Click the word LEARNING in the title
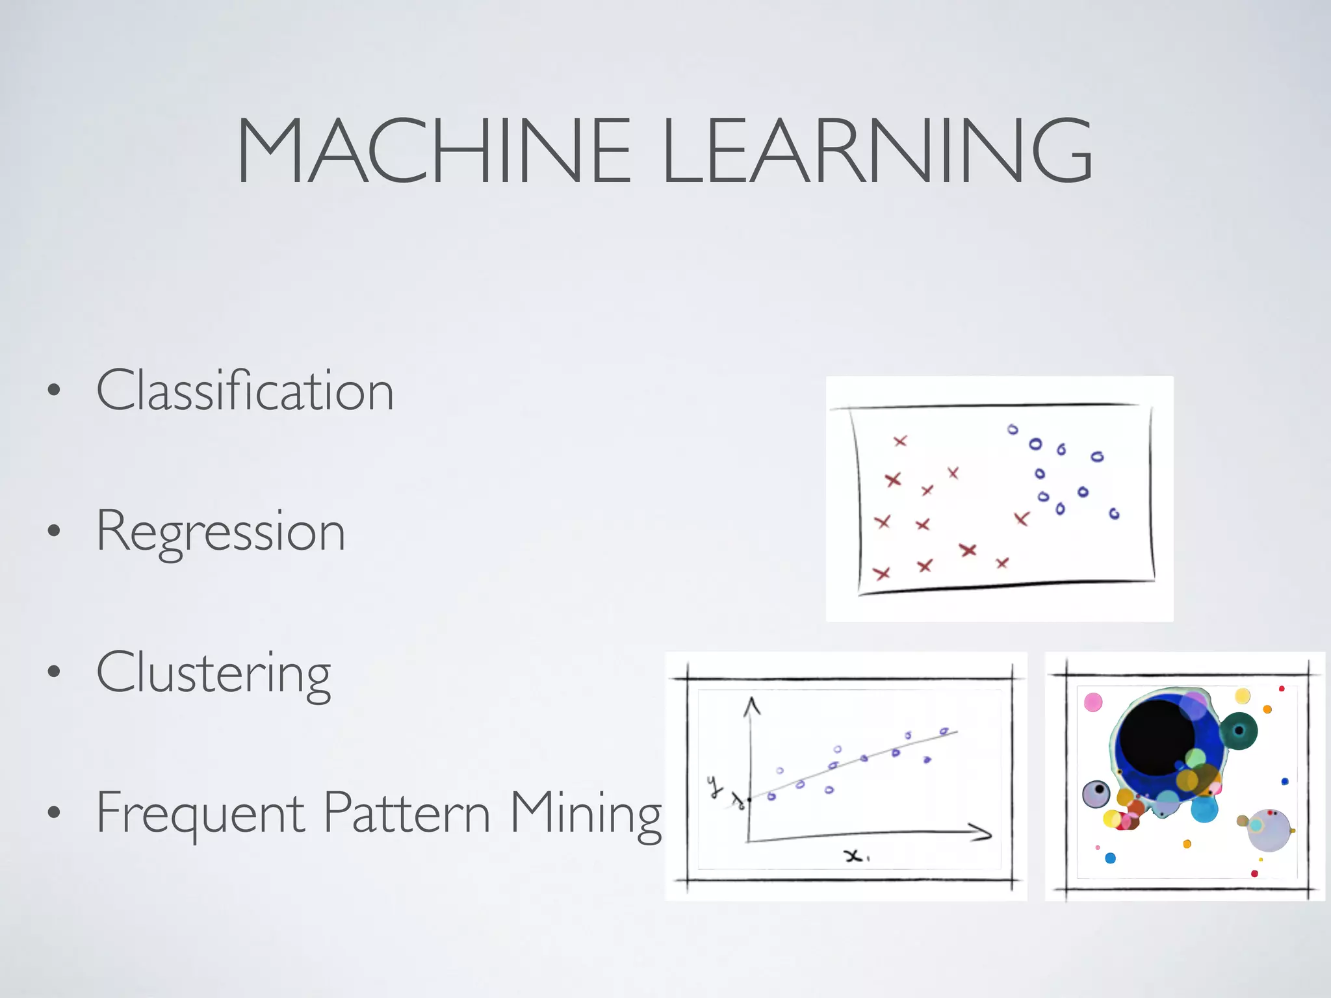coord(877,151)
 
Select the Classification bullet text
coord(245,390)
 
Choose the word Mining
coord(585,813)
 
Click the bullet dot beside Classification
coord(54,390)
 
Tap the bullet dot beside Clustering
coord(54,672)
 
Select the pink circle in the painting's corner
coord(1093,702)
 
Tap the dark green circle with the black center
coord(1239,731)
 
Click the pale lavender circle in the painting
coord(1269,830)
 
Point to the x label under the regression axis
coord(854,856)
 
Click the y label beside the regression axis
coord(715,786)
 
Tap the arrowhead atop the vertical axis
coord(752,705)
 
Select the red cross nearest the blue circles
coord(1022,518)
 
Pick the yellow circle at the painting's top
coord(1243,697)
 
